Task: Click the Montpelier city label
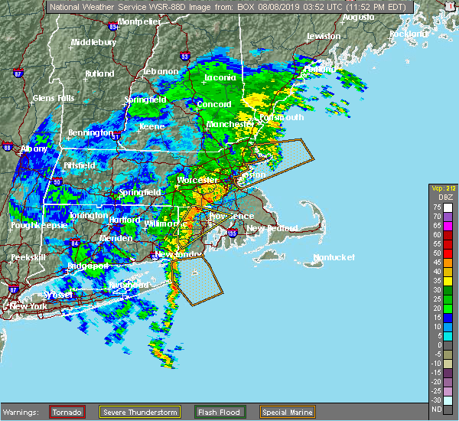pyautogui.click(x=139, y=21)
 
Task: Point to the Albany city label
pyautogui.click(x=34, y=148)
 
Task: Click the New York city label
pyautogui.click(x=29, y=306)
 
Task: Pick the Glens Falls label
pyautogui.click(x=54, y=98)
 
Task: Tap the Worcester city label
pyautogui.click(x=193, y=180)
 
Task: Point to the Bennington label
pyautogui.click(x=90, y=132)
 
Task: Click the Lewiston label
pyautogui.click(x=323, y=36)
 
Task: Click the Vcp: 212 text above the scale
pyautogui.click(x=443, y=188)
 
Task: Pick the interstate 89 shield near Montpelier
pyautogui.click(x=114, y=26)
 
